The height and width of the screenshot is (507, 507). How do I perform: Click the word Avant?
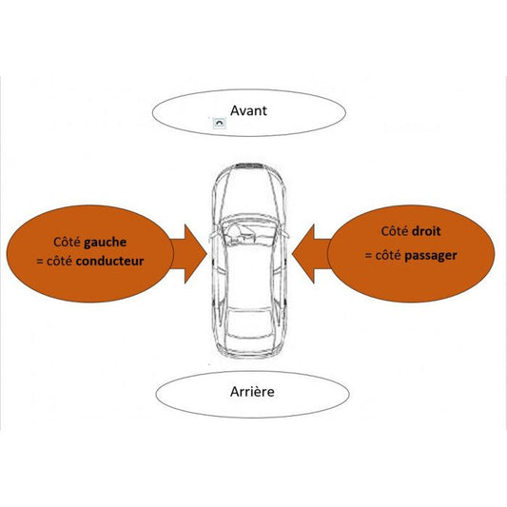pyautogui.click(x=248, y=110)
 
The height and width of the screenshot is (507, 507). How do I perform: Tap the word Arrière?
pyautogui.click(x=253, y=391)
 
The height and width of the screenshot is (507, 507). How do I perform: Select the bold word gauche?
pyautogui.click(x=106, y=243)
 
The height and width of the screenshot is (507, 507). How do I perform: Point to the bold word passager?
pyautogui.click(x=431, y=255)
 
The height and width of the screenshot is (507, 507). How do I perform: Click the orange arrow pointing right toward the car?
pyautogui.click(x=190, y=252)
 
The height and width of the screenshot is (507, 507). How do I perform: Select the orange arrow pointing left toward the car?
pyautogui.click(x=310, y=252)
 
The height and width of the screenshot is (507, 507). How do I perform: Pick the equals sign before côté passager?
pyautogui.click(x=368, y=255)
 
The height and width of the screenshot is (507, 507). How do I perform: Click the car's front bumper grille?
pyautogui.click(x=250, y=166)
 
